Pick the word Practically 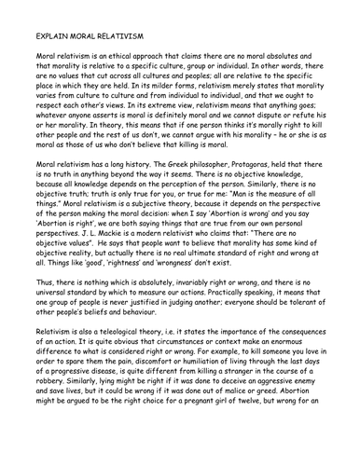tap(225, 319)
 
